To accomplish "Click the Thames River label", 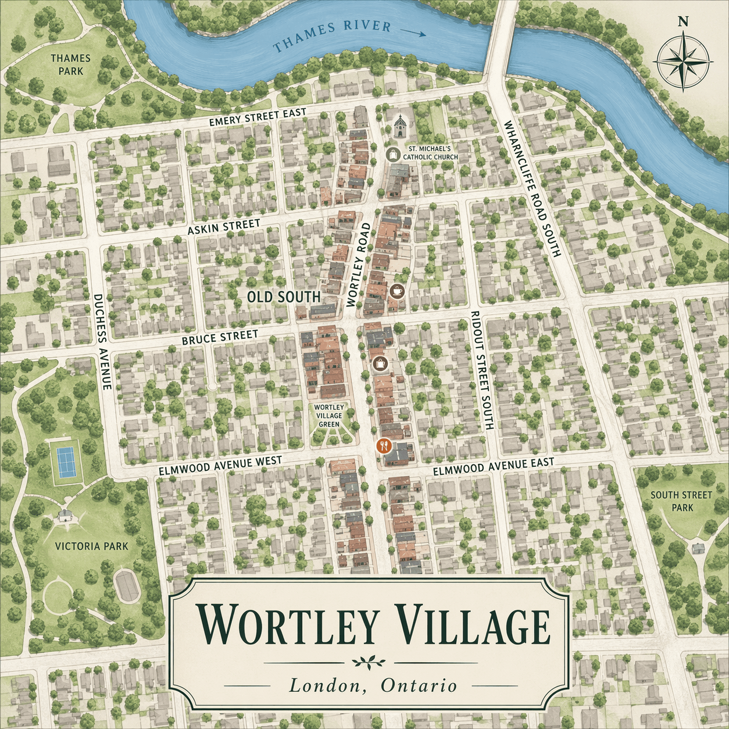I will pos(332,35).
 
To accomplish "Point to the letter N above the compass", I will pos(683,22).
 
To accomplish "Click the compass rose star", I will pos(683,60).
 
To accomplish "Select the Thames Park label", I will pos(70,65).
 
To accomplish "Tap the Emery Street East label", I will pos(258,117).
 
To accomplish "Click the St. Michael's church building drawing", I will pos(399,126).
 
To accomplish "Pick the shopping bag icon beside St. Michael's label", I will pos(393,154).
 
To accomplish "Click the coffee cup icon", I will pos(398,291).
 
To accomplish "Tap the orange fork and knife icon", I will pos(384,446).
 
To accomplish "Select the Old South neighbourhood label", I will pos(284,297).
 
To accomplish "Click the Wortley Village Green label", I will pos(329,416).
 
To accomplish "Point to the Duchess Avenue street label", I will pos(102,341).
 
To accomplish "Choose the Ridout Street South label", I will pos(482,370).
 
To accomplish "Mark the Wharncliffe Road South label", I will pos(532,188).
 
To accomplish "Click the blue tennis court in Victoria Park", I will pos(65,462).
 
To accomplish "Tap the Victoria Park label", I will pos(91,546).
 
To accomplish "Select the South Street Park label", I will pos(681,501).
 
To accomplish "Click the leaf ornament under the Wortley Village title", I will pos(370,662).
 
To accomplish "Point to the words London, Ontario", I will pos(373,685).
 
